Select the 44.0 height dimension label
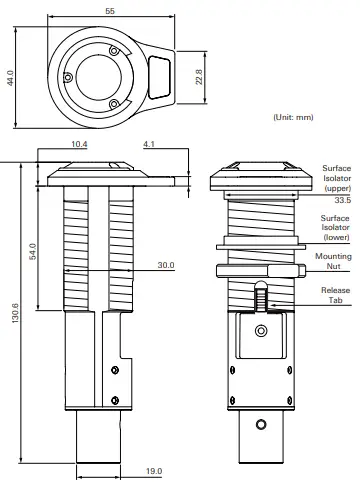coord(10,77)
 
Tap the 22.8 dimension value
coord(198,76)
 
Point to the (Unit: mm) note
coord(293,118)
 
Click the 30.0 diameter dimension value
coord(166,266)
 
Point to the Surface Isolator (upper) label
coord(335,179)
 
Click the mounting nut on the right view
coord(259,270)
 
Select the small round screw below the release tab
coord(261,330)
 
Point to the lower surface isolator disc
coord(259,240)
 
